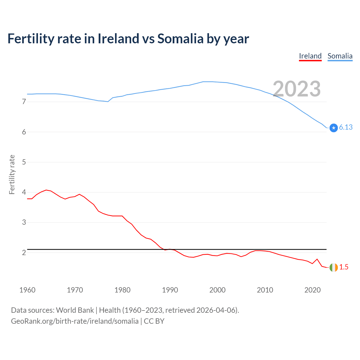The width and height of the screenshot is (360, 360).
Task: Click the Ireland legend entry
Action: pyautogui.click(x=310, y=56)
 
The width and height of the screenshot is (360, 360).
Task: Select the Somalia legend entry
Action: pyautogui.click(x=340, y=56)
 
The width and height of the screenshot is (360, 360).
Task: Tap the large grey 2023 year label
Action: pyautogui.click(x=297, y=89)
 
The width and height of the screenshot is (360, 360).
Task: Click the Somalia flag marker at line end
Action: pyautogui.click(x=334, y=128)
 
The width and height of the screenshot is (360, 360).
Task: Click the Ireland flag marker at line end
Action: pyautogui.click(x=334, y=267)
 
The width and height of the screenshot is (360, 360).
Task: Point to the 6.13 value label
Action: pyautogui.click(x=346, y=127)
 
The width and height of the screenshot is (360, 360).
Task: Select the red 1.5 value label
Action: pyautogui.click(x=344, y=267)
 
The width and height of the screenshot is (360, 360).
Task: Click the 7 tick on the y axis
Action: pyautogui.click(x=24, y=102)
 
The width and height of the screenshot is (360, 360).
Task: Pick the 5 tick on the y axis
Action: pyautogui.click(x=24, y=162)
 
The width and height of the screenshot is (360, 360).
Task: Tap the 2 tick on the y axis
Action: pyautogui.click(x=24, y=253)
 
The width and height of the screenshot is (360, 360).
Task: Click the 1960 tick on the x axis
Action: pyautogui.click(x=27, y=290)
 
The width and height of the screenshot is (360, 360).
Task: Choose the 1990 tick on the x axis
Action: pyautogui.click(x=170, y=290)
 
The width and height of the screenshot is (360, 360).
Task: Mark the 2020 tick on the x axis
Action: pyautogui.click(x=312, y=290)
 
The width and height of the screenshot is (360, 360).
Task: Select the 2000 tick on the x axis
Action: pyautogui.click(x=217, y=290)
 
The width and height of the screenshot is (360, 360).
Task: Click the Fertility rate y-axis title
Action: pyautogui.click(x=12, y=174)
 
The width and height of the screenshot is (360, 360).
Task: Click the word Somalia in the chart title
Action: pyautogui.click(x=180, y=39)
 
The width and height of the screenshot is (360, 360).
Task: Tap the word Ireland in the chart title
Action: pyautogui.click(x=118, y=39)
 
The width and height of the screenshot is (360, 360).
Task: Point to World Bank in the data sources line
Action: pyautogui.click(x=75, y=310)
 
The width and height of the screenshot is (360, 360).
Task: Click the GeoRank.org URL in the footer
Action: pyautogui.click(x=75, y=321)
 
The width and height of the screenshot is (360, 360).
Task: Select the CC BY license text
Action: pyautogui.click(x=154, y=321)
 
